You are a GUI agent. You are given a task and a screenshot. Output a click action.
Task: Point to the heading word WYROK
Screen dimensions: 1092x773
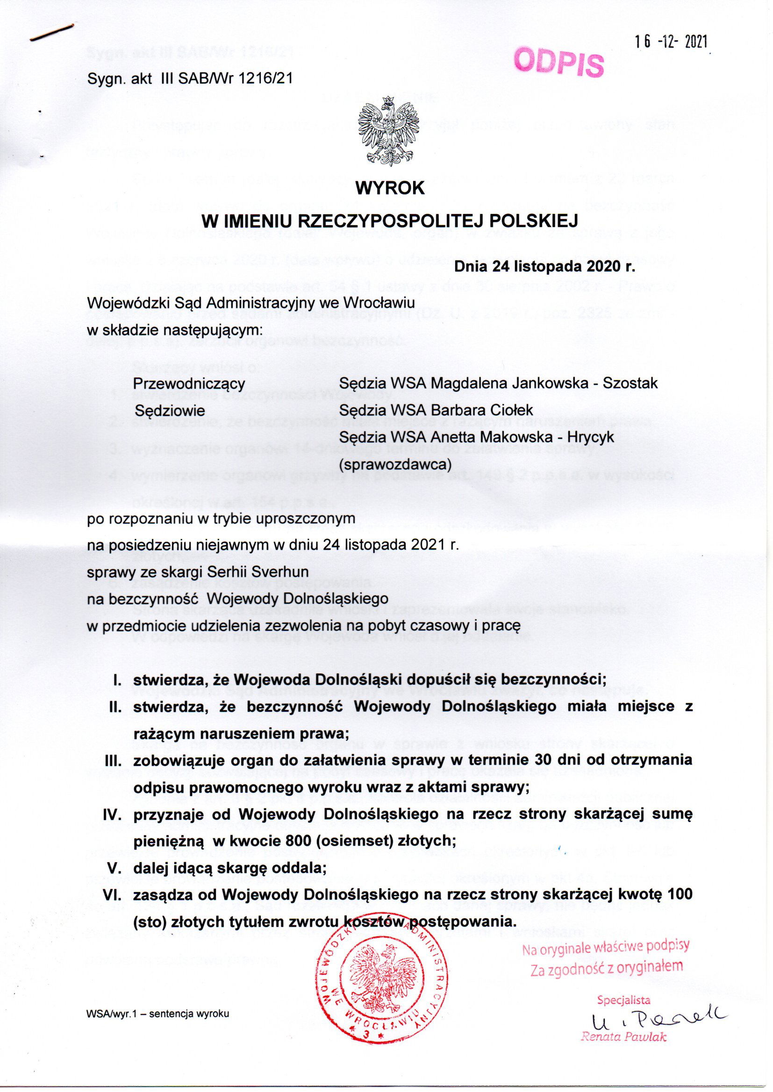[390, 189]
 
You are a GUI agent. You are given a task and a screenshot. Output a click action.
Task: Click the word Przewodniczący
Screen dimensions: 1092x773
[189, 383]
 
